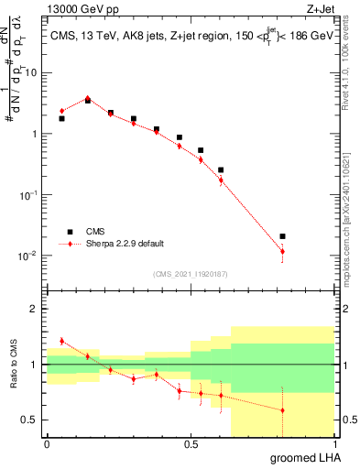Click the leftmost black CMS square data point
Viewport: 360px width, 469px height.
click(61, 118)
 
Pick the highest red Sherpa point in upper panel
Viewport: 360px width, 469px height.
click(88, 97)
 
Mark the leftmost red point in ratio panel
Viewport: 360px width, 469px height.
click(61, 341)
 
